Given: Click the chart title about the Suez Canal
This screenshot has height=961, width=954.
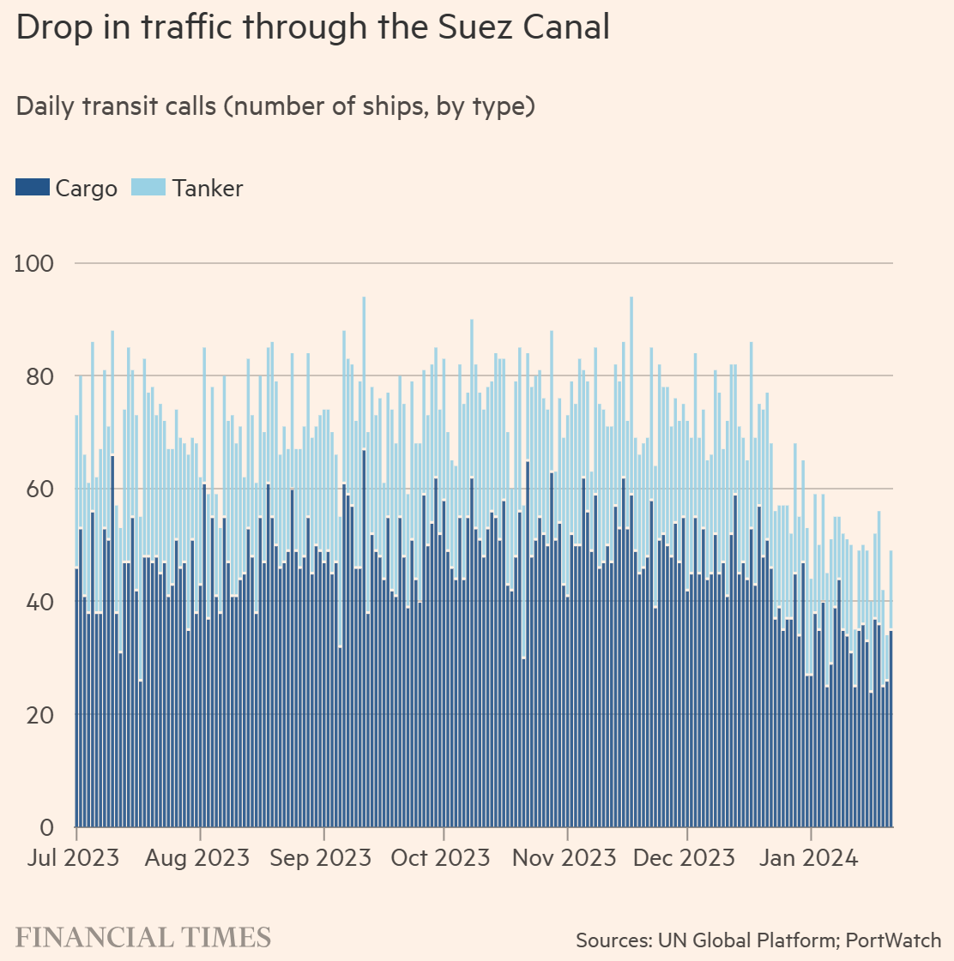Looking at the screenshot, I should click(x=313, y=27).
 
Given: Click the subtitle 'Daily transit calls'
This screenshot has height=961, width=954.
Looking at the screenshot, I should click(x=275, y=106).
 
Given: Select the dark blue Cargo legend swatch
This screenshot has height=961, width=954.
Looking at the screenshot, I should click(x=32, y=187).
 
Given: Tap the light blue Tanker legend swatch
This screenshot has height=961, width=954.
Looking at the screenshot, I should click(x=148, y=187).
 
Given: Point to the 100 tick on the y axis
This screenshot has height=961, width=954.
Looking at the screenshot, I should click(x=34, y=263).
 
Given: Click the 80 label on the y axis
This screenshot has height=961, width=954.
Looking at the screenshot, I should click(x=39, y=376).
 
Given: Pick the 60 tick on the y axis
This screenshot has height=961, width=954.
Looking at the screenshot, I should click(x=39, y=490).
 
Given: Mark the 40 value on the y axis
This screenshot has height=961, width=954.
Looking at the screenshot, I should click(x=39, y=603).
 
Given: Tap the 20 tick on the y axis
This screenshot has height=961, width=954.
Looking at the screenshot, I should click(x=39, y=715).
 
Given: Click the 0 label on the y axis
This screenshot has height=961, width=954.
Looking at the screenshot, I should click(x=47, y=828).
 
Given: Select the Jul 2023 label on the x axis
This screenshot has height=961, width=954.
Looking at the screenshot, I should click(x=73, y=857).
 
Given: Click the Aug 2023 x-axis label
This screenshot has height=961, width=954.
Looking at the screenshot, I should click(x=197, y=857).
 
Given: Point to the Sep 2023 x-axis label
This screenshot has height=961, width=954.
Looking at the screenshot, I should click(x=321, y=857).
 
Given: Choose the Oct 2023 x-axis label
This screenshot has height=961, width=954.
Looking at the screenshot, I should click(x=440, y=857).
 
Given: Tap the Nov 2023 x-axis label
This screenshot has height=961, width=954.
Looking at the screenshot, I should click(x=565, y=857).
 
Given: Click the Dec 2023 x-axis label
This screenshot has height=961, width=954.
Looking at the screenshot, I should click(x=684, y=857).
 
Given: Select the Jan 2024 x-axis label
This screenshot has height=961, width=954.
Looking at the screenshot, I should click(x=808, y=857).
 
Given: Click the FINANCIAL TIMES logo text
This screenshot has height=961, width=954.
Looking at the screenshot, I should click(x=143, y=937).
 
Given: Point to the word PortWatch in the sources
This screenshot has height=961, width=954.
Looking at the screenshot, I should click(x=893, y=940).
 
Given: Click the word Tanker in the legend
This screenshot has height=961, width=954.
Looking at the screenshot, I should click(x=208, y=189).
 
